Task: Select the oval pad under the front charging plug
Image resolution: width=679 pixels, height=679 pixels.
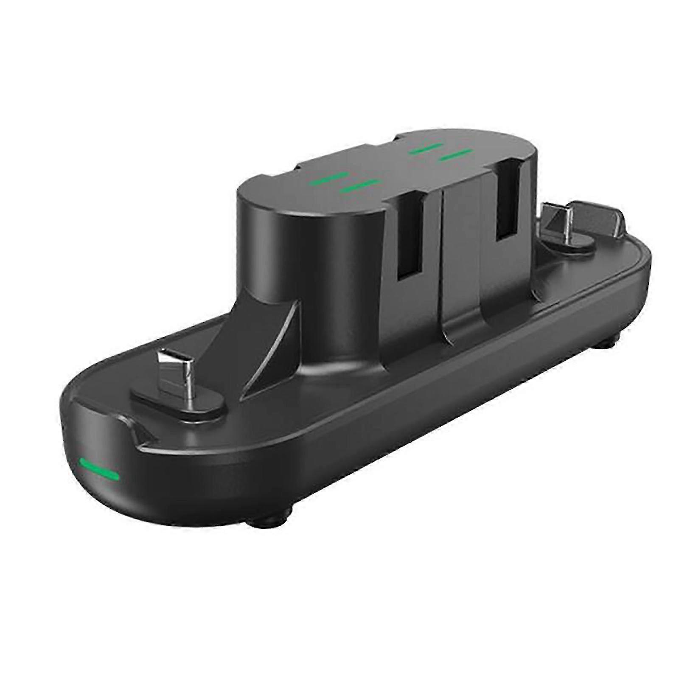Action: click(x=178, y=391)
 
